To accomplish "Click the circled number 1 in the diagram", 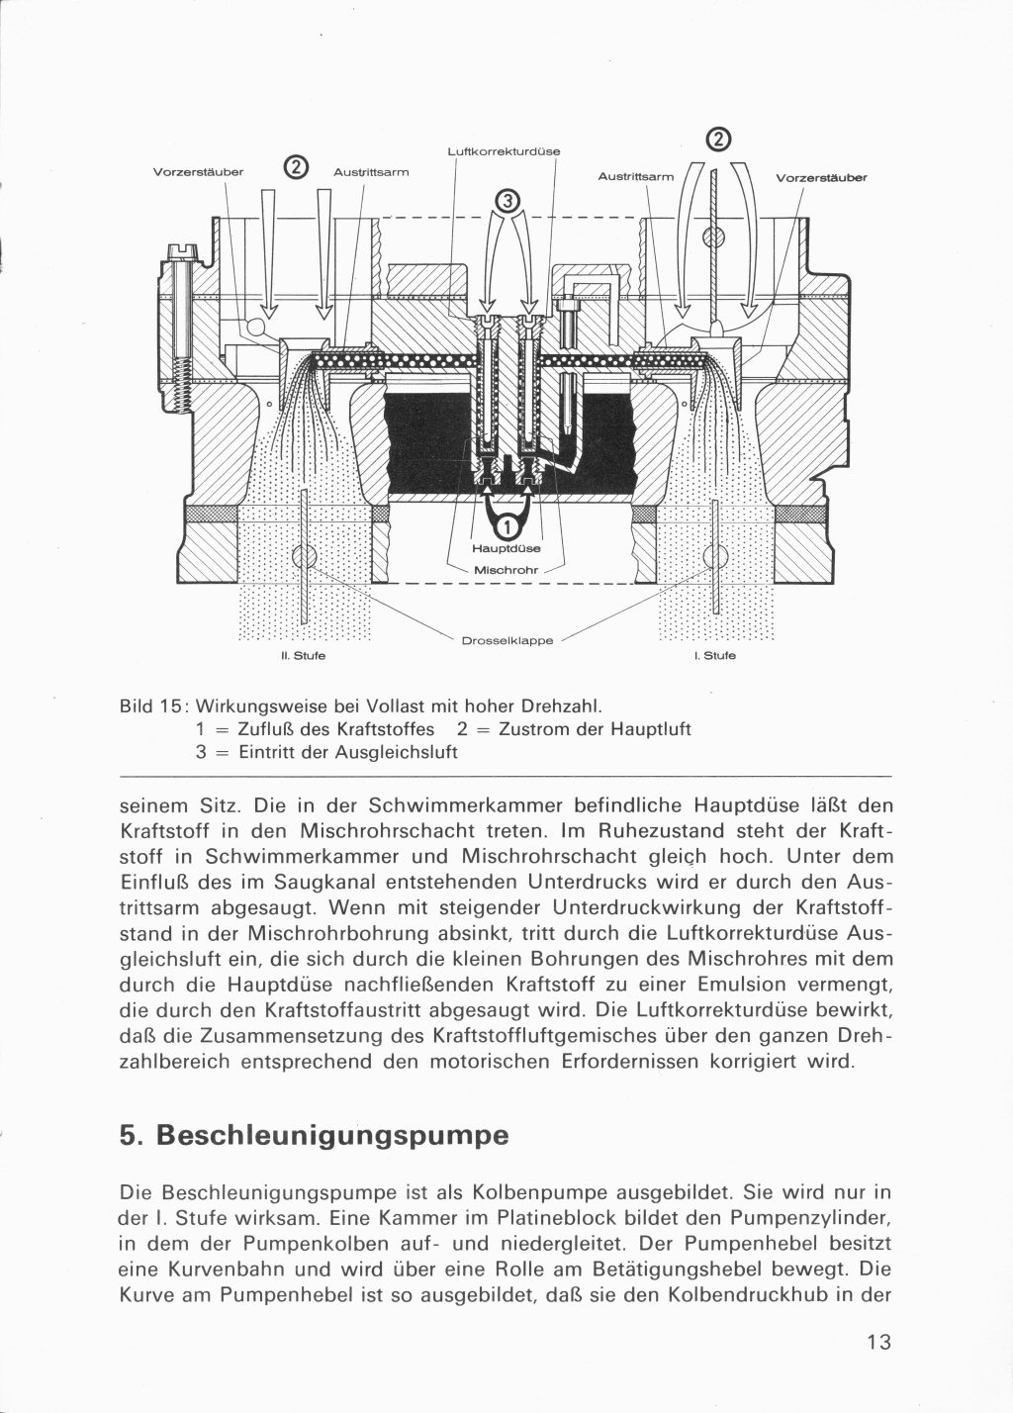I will pos(506,523).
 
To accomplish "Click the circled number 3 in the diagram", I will pos(507,202).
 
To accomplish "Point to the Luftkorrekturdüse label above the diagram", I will pos(505,151).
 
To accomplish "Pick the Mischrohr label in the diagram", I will pos(505,570).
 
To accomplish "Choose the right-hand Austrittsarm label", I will pos(635,177).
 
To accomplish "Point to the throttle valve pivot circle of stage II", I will pos(304,553).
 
